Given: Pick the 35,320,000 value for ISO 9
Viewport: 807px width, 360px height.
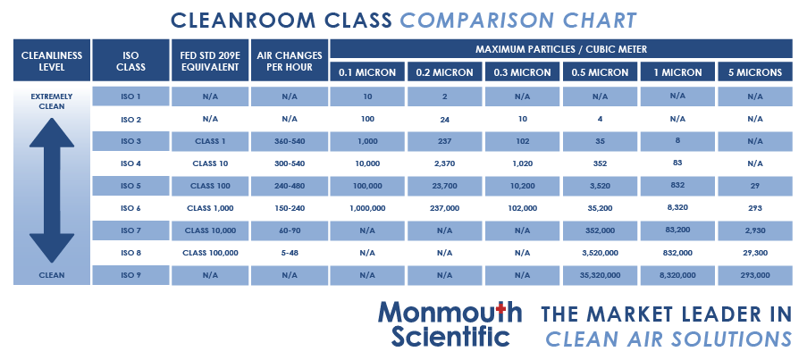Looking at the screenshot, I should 600,276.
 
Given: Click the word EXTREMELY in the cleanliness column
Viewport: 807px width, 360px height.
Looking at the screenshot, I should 51,96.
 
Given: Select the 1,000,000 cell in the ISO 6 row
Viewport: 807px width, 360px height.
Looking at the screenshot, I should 367,208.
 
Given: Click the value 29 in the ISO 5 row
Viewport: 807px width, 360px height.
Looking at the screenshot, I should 755,186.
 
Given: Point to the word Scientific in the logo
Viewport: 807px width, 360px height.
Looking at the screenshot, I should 451,337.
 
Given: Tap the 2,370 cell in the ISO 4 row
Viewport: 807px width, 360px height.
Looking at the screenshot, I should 444,163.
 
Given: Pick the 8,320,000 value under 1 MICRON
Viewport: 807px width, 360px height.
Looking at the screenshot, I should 677,276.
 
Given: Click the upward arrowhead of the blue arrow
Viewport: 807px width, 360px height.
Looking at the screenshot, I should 51,133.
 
